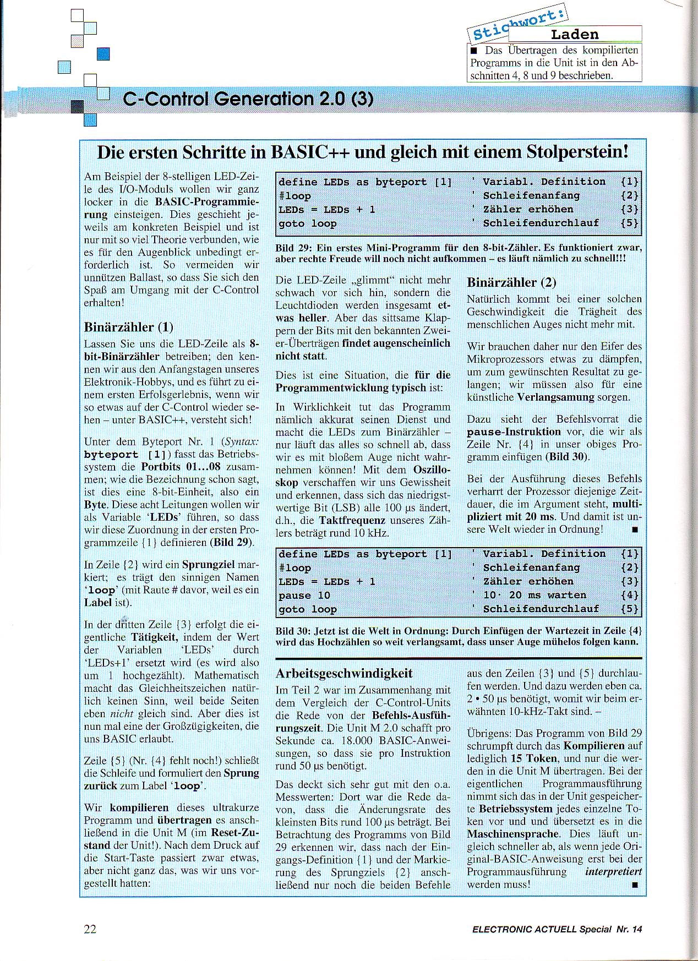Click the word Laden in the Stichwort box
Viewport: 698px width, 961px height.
coord(574,34)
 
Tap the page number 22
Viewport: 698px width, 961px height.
coord(90,929)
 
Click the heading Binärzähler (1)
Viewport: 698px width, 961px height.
coord(129,327)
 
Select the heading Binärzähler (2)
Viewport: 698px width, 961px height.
coord(511,282)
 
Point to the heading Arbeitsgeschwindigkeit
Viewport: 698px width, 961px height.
coord(344,673)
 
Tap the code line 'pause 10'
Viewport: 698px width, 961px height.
coord(304,596)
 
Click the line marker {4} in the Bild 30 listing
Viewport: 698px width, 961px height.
coord(629,595)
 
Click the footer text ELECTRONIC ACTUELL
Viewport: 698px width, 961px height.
coord(524,929)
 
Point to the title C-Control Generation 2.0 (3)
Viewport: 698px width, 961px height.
coord(248,99)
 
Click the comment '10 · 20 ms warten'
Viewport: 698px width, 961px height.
coord(535,595)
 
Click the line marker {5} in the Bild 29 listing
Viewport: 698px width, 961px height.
coord(629,223)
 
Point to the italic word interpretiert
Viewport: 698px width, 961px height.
coord(613,872)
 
